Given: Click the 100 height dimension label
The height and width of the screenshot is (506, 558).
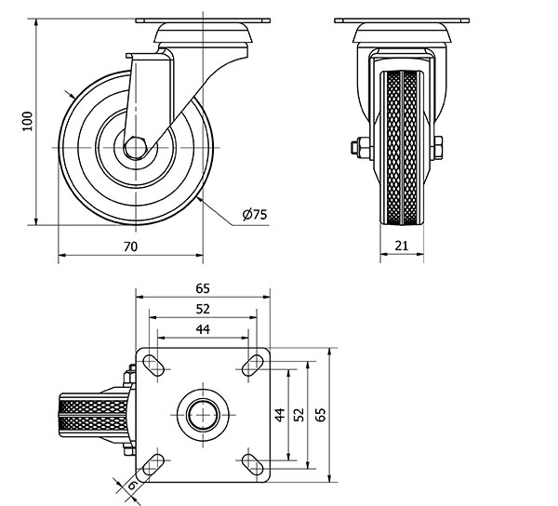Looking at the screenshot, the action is [27, 121].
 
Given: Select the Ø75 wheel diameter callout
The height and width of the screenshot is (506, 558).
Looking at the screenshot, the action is [255, 214].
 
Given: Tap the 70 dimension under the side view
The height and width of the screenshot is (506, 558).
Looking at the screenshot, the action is [130, 246].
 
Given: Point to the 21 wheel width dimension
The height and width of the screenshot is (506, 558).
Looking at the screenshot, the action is [402, 246].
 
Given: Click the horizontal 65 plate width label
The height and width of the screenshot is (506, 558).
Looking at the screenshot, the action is [203, 288].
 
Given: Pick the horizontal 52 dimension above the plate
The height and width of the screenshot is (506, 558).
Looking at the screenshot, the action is [203, 309].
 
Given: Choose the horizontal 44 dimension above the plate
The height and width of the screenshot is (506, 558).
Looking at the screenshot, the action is [203, 329].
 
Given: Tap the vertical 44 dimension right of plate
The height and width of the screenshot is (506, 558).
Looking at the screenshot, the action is [280, 415].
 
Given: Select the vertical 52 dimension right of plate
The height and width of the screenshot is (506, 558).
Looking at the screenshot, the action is [300, 415].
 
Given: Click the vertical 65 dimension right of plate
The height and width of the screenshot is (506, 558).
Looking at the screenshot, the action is [321, 415].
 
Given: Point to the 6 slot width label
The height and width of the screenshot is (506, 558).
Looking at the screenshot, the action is [132, 485].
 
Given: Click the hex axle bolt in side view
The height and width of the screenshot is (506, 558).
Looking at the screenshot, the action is [135, 147].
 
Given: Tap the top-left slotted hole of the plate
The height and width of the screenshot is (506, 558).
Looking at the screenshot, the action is [153, 366].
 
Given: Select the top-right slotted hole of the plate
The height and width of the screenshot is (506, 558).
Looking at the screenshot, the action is [252, 366].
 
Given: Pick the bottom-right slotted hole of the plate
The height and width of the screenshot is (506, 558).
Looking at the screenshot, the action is [252, 464].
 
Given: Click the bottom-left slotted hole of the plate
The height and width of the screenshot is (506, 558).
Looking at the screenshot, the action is [153, 464].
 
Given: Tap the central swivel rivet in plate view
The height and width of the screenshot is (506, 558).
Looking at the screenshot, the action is [203, 415].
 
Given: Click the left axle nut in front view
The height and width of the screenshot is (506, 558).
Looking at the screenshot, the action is [360, 148].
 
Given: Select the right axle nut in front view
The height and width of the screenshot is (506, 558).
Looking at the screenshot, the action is [438, 148].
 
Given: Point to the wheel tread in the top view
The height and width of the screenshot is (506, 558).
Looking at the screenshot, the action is [94, 415].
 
